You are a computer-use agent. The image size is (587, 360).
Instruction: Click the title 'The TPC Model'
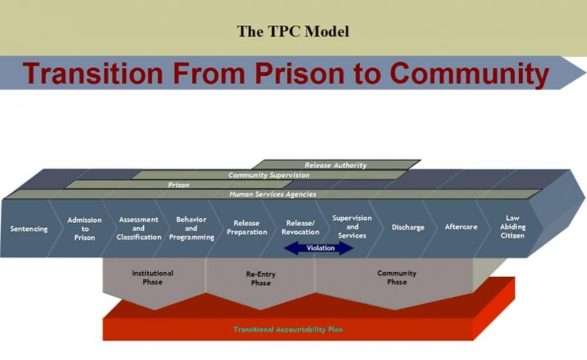[x=293, y=31]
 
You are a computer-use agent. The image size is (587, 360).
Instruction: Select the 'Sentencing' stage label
[x=28, y=229]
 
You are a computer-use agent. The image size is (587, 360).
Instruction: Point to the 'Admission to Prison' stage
[x=85, y=229]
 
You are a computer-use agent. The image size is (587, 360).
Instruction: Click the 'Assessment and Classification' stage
[x=138, y=229]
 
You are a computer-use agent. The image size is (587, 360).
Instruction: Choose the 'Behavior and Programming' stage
[x=191, y=229]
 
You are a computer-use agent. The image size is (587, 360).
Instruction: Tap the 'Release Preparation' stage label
[x=247, y=228]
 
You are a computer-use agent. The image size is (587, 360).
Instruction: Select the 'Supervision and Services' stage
[x=352, y=227]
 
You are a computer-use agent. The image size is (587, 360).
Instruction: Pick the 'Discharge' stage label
[x=408, y=227]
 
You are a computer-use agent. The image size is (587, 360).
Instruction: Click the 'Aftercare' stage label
[x=461, y=227]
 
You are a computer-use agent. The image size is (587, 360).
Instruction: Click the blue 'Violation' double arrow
[x=320, y=248]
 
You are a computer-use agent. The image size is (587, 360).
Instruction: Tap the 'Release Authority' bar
[x=336, y=165]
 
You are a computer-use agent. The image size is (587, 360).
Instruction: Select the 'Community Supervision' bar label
[x=269, y=175]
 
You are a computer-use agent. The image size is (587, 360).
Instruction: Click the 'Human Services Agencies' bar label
[x=272, y=194]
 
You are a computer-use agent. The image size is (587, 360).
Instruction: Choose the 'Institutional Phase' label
[x=152, y=278]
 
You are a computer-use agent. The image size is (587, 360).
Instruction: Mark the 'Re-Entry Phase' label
[x=260, y=279]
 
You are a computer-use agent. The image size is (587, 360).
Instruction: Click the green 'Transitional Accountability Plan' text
[x=288, y=329]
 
